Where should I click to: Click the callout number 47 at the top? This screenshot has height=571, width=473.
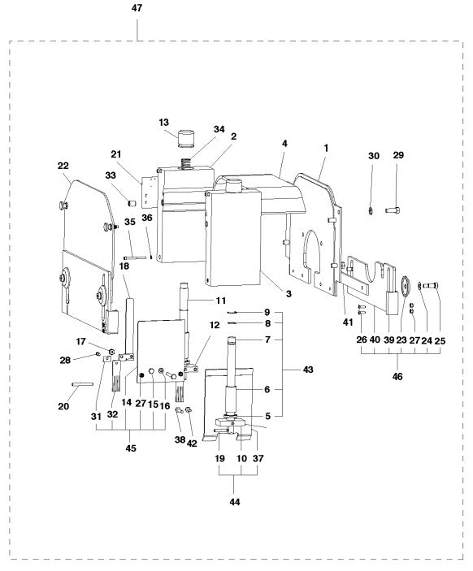click(137, 7)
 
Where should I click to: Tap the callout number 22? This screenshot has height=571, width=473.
click(63, 166)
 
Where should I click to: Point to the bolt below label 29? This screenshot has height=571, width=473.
click(394, 211)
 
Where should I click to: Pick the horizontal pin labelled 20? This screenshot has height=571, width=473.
click(84, 385)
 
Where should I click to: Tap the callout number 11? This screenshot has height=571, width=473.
click(220, 301)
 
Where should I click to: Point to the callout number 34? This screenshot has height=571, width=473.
click(219, 129)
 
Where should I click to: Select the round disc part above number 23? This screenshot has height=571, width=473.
click(401, 285)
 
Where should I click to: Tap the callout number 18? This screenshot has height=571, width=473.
click(124, 266)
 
